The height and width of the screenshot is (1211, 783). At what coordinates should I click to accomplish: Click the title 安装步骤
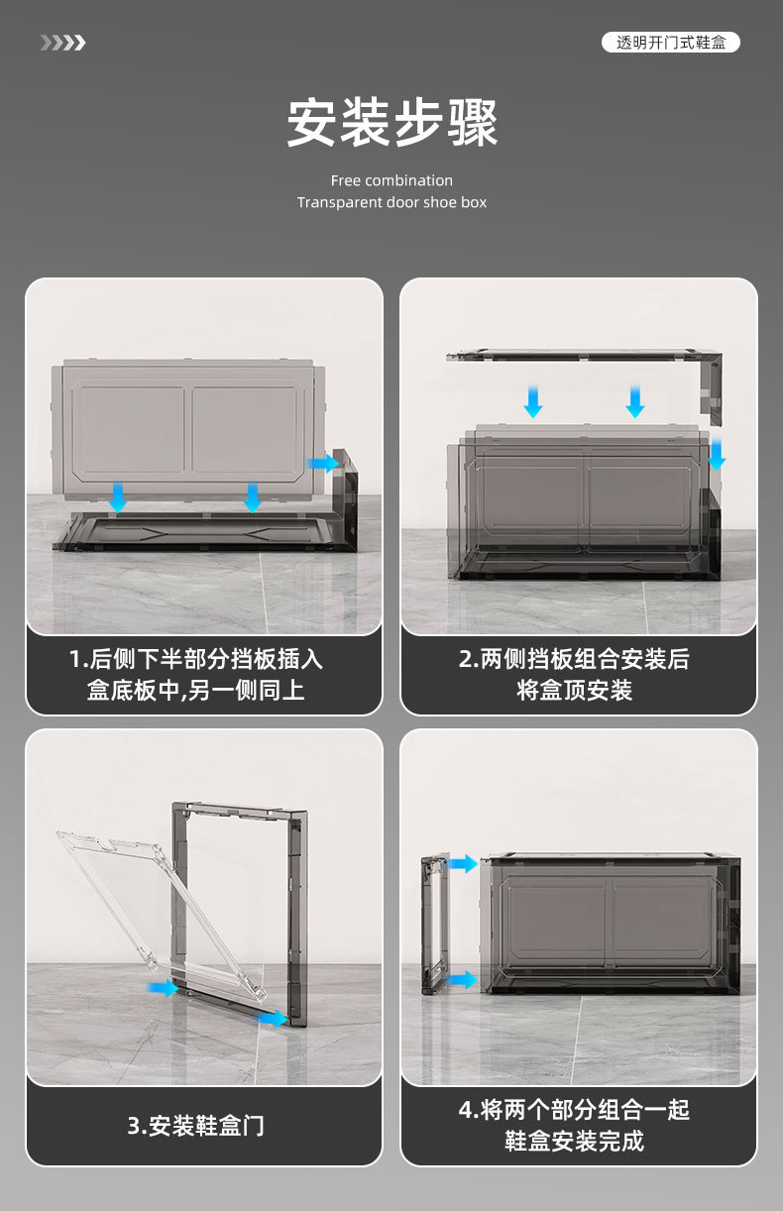392,123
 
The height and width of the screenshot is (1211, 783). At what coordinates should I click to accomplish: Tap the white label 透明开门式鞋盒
671,43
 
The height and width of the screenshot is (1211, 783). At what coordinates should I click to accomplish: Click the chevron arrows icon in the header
63,43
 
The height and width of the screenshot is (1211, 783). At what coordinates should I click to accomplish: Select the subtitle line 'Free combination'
391,180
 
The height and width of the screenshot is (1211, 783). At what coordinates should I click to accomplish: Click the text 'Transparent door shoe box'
391,203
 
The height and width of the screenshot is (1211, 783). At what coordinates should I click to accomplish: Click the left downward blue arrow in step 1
118,497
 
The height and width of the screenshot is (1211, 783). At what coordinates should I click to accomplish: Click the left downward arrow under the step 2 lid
533,401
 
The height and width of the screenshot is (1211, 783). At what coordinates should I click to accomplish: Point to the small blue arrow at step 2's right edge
717,454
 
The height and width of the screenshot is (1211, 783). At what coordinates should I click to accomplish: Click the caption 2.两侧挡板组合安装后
574,659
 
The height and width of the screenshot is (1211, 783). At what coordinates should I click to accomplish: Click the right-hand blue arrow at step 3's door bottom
272,1019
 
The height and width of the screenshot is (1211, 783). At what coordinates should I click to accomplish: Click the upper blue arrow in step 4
463,863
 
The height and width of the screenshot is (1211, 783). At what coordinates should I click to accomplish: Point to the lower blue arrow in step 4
463,979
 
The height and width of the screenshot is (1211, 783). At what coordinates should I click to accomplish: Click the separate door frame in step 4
435,925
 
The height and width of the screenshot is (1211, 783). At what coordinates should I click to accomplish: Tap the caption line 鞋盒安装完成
574,1142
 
